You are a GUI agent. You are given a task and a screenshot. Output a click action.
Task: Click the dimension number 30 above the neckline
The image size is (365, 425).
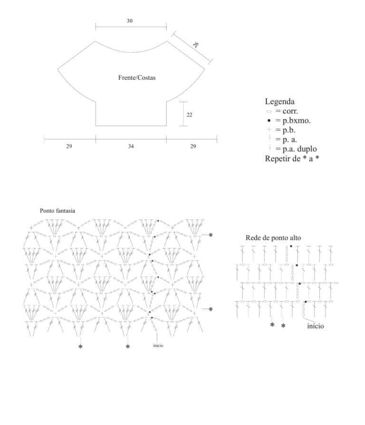(130, 21)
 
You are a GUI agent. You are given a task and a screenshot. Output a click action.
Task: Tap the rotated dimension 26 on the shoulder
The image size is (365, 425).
(196, 45)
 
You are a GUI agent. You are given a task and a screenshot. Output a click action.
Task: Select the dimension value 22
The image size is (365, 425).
(190, 115)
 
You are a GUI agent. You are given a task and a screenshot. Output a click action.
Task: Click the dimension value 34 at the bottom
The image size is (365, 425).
(131, 146)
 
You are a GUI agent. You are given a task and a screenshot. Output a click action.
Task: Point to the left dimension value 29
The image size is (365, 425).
(69, 146)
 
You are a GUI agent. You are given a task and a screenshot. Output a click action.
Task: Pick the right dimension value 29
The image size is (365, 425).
(193, 146)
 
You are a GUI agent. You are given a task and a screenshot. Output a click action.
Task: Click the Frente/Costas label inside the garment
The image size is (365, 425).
(137, 78)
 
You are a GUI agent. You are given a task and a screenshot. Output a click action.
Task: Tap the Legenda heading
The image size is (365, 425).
(279, 101)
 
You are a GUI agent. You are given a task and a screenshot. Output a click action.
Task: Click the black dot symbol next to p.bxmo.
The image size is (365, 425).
(269, 121)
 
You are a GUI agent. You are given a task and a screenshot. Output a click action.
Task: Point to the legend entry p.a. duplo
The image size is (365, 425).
(296, 149)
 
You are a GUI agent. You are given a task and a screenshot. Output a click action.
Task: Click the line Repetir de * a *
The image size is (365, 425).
(292, 159)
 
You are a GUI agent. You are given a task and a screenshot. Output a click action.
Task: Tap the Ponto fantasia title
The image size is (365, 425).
(58, 211)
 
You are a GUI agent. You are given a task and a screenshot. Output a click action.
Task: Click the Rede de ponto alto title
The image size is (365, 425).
(273, 238)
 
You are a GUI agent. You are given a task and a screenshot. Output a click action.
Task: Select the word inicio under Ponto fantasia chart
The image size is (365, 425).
(158, 345)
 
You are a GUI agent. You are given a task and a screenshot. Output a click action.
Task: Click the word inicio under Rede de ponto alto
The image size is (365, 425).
(316, 326)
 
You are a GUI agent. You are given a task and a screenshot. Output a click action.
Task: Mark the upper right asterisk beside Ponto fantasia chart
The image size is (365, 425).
(211, 235)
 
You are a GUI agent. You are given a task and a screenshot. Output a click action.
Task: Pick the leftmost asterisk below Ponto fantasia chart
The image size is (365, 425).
(80, 347)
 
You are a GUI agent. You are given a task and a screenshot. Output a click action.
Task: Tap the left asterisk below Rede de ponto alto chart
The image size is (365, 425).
(272, 325)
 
